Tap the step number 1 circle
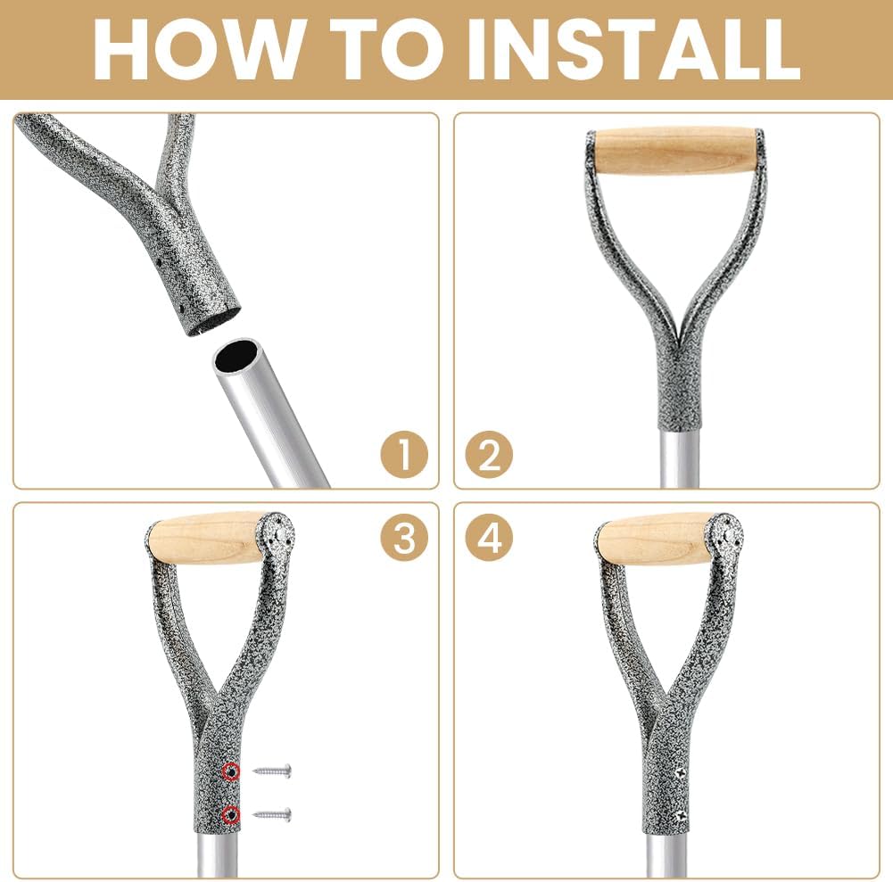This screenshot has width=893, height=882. pyautogui.click(x=403, y=456)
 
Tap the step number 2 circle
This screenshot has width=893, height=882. pyautogui.click(x=489, y=456)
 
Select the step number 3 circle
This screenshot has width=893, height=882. pyautogui.click(x=403, y=538)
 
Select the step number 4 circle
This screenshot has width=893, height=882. pyautogui.click(x=489, y=538)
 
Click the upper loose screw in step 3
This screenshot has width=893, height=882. pyautogui.click(x=273, y=771)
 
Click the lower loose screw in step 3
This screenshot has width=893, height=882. pyautogui.click(x=273, y=813)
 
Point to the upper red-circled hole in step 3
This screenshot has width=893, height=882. pyautogui.click(x=232, y=771)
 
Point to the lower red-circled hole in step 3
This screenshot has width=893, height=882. pyautogui.click(x=232, y=813)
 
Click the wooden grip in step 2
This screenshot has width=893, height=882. pyautogui.click(x=674, y=151)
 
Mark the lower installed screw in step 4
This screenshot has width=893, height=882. pyautogui.click(x=681, y=813)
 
